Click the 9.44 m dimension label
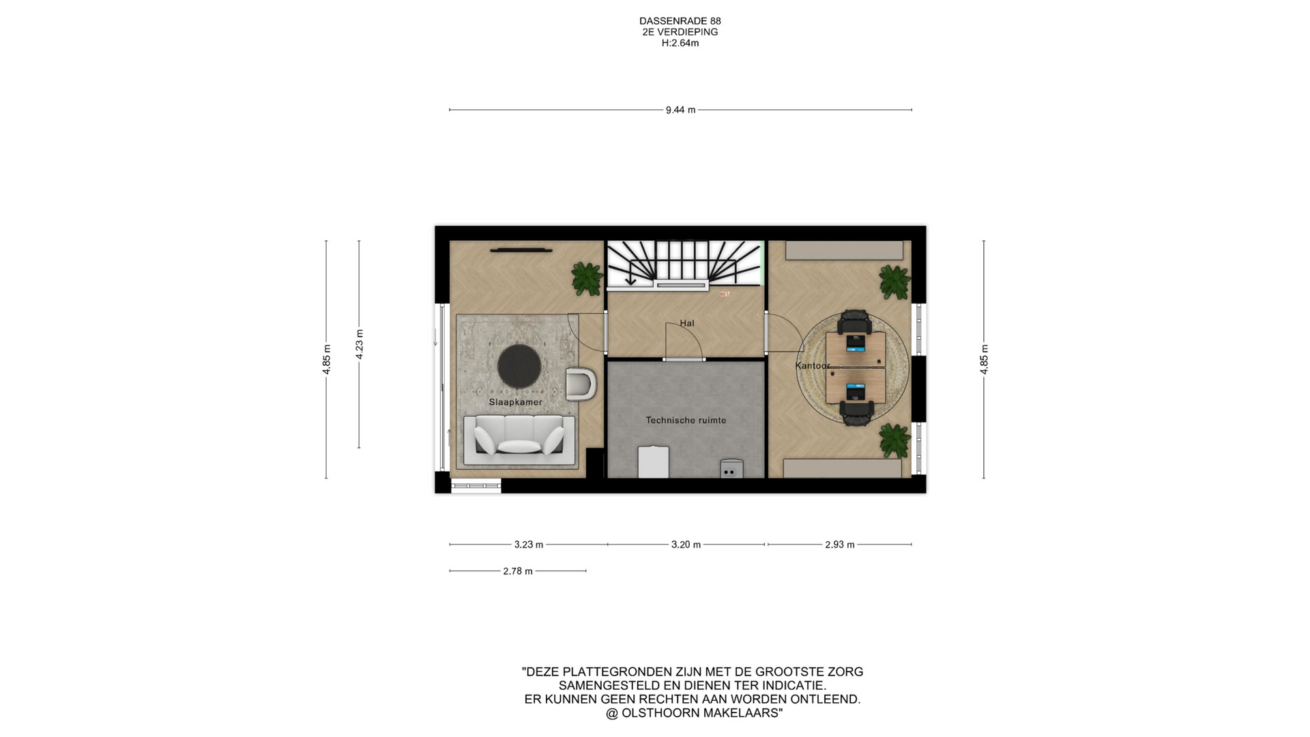point(680,110)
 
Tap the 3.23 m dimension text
point(529,545)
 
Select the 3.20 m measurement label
point(686,545)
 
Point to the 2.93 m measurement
point(840,545)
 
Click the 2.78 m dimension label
point(518,571)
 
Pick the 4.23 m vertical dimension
point(360,344)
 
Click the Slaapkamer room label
point(516,402)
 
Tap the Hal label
point(687,323)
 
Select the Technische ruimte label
point(686,420)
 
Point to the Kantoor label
point(813,366)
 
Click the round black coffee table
point(519,365)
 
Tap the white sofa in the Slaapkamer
point(519,438)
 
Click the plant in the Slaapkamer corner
point(587,278)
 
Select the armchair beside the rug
point(581,384)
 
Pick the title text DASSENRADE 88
point(680,21)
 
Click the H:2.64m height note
point(680,43)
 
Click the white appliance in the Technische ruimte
point(654,462)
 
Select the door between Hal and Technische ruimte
point(684,359)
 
